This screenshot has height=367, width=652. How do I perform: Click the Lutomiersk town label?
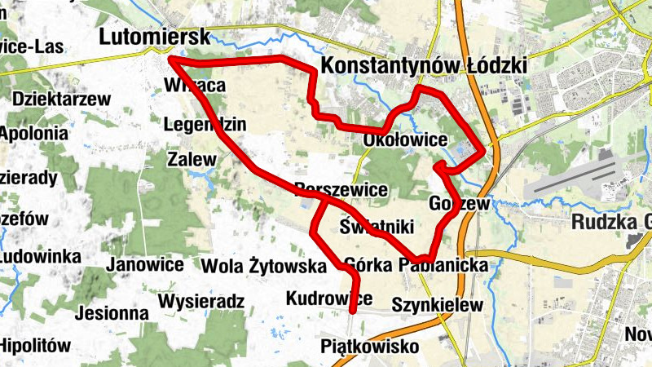[154, 37]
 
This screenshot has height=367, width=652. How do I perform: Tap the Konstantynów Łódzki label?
[425, 65]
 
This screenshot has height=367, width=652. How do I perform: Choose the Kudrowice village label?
[329, 298]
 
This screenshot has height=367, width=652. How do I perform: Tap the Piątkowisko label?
[370, 347]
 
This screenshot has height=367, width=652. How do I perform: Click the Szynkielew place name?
[438, 305]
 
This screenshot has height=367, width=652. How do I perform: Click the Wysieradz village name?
[201, 302]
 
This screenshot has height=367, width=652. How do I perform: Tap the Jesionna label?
[112, 312]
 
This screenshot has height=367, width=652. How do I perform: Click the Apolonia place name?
[33, 132]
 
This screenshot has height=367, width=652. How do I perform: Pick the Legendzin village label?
[204, 125]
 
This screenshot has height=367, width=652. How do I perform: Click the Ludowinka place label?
[40, 257]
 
